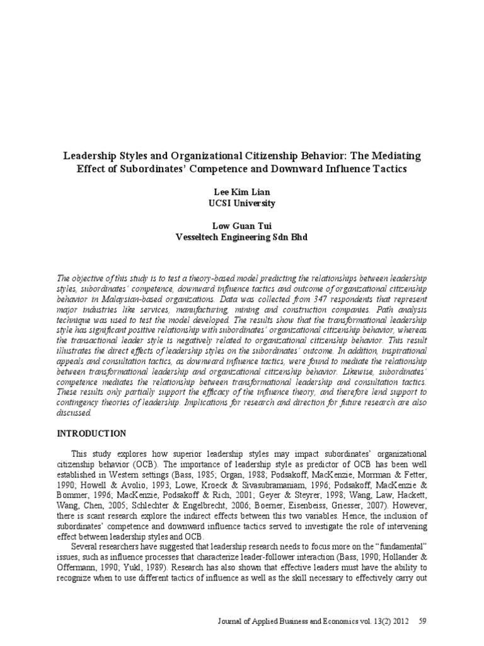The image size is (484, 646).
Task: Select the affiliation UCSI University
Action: pos(241,204)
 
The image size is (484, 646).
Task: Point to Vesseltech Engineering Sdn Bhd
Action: pos(241,238)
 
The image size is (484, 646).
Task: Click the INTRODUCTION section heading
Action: pos(93,433)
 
